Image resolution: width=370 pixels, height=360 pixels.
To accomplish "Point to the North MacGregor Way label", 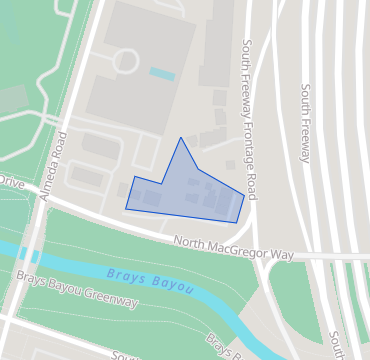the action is [233, 248].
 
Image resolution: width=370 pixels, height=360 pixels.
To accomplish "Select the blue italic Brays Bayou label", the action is [150, 280].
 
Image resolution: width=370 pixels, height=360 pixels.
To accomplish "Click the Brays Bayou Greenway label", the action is [75, 288].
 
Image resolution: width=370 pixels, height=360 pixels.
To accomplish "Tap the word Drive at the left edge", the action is [10, 182].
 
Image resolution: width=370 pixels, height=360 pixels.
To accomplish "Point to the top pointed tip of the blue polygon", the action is [180, 138].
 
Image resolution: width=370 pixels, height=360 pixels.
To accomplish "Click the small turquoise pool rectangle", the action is [161, 74].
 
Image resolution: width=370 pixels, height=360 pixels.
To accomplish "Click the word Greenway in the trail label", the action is [109, 296].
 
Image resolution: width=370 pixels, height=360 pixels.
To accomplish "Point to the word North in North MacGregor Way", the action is [190, 242].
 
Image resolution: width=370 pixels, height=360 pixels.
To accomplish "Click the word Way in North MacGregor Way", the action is [283, 255].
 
